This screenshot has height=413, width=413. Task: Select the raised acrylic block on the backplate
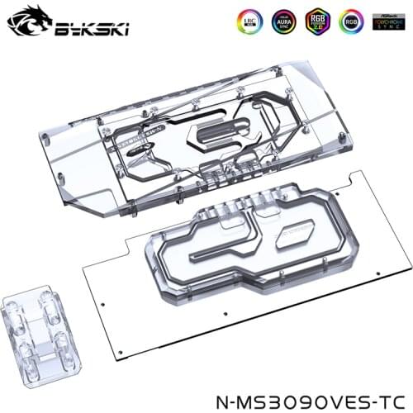tap(240, 248)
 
